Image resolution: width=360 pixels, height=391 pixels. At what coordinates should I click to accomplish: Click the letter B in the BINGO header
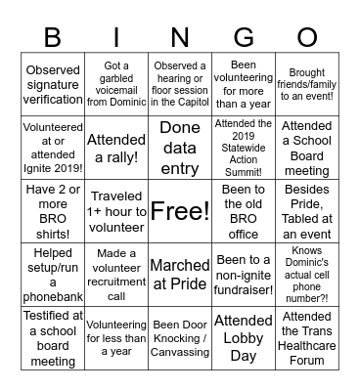tap(52, 38)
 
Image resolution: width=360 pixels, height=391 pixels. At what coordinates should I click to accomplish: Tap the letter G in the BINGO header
tap(243, 38)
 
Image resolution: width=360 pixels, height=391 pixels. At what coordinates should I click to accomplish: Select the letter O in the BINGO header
tap(306, 38)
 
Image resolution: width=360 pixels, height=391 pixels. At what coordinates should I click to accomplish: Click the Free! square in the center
tap(180, 210)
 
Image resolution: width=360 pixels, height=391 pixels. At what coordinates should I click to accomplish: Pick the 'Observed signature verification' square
tap(53, 84)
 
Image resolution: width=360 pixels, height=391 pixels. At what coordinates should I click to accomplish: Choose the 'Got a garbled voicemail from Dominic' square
tap(116, 84)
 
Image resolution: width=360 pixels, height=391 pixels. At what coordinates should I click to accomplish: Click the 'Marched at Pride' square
tap(180, 274)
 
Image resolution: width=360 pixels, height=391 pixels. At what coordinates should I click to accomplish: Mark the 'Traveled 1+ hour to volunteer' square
tap(116, 209)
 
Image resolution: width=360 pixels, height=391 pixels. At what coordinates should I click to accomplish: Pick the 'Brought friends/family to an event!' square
tap(307, 84)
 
